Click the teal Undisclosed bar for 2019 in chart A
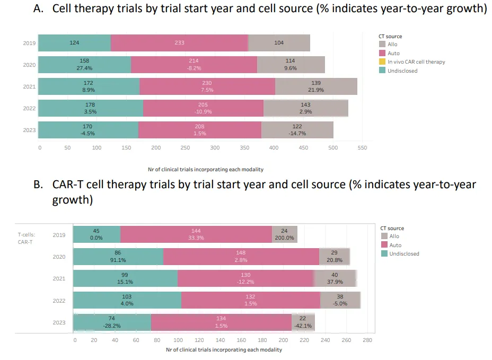[75, 43]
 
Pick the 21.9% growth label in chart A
[316, 90]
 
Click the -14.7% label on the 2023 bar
[297, 134]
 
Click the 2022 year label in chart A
[29, 108]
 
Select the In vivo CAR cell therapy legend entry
[416, 62]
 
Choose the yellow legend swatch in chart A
[382, 62]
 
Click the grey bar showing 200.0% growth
[284, 234]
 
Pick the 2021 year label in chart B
[59, 278]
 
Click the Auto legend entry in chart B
[394, 245]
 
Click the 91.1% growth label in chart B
[118, 260]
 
